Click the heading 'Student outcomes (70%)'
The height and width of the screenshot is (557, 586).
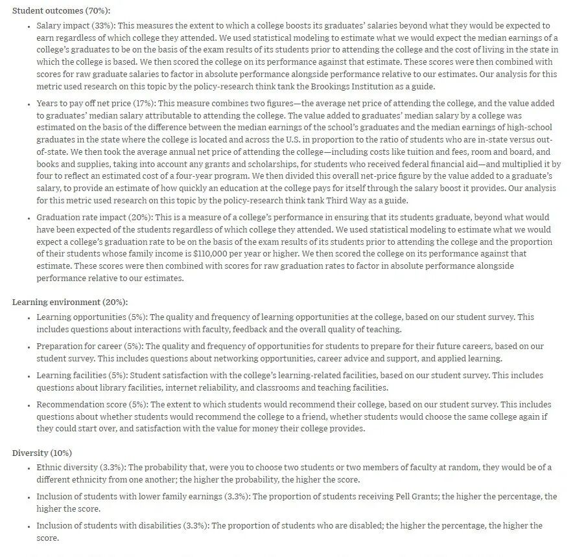(x=61, y=11)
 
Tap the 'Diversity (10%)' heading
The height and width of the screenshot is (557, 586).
(x=42, y=453)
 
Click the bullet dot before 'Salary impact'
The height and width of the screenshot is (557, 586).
(x=29, y=27)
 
